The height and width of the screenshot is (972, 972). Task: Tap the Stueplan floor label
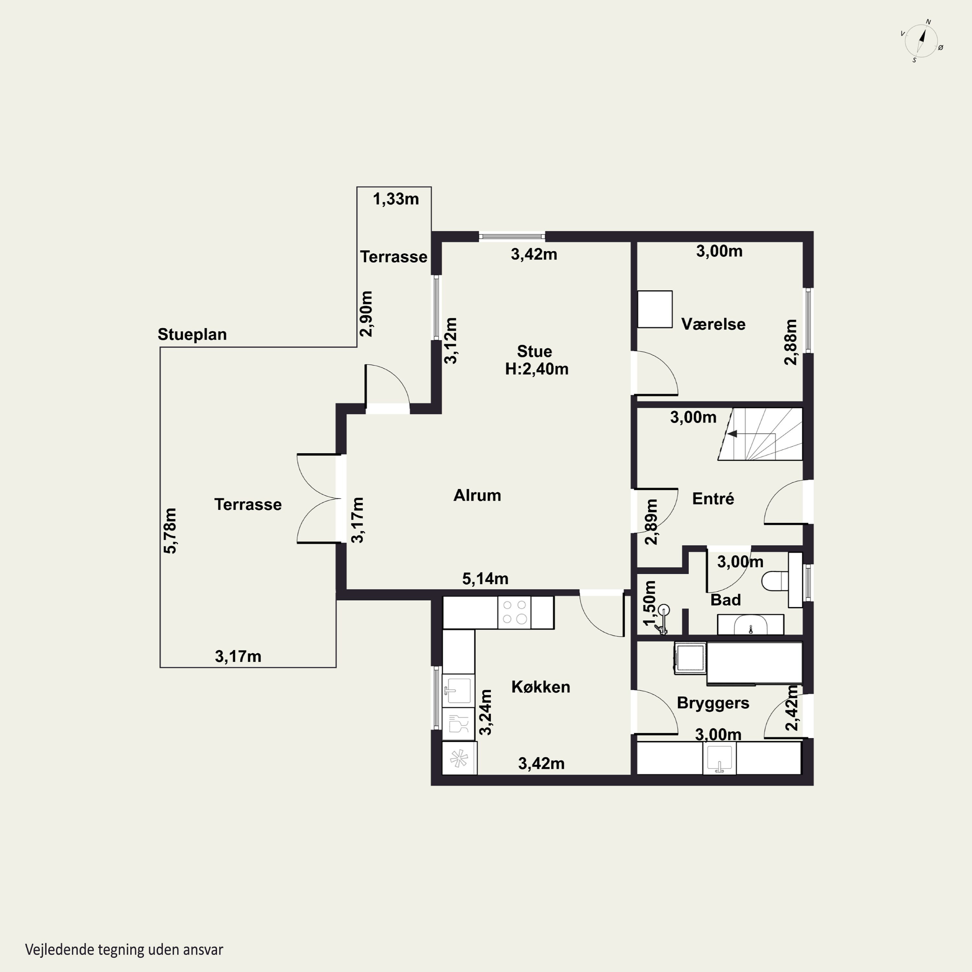click(x=192, y=335)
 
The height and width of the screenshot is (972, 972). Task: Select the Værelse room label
click(x=713, y=324)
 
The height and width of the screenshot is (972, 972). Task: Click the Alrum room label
click(x=477, y=495)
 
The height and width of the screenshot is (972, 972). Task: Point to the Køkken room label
click(x=541, y=687)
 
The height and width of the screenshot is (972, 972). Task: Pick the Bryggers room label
click(x=713, y=703)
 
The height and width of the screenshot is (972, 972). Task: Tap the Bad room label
click(x=725, y=600)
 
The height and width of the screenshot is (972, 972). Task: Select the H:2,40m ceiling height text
click(x=537, y=369)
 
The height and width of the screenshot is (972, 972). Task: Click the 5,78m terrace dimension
click(x=170, y=531)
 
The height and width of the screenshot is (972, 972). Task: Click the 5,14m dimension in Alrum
click(x=485, y=579)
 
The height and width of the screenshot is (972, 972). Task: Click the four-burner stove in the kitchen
click(x=514, y=612)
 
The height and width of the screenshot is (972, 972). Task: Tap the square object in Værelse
click(x=655, y=309)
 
